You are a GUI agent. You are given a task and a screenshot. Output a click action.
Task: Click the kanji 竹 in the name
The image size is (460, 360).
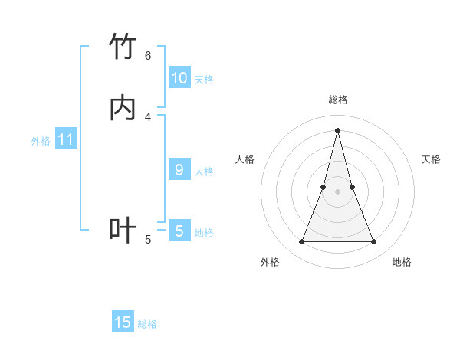pos(123,47)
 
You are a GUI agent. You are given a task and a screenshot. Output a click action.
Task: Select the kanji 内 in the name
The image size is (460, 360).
pos(123,108)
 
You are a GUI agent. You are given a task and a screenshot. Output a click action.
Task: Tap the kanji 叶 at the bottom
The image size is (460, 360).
pos(123,230)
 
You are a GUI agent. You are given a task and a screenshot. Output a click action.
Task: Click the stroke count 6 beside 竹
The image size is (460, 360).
pos(148,55)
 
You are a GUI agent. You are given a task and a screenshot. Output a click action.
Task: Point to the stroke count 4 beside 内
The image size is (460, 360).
pos(148,116)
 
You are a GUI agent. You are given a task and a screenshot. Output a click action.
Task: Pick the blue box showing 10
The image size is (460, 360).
pos(179,78)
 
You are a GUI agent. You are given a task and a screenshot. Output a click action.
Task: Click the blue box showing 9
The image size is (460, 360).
pos(179,170)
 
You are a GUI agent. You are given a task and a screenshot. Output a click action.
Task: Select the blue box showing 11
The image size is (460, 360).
pos(66,139)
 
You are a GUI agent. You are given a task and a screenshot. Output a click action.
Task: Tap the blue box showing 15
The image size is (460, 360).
pos(123,322)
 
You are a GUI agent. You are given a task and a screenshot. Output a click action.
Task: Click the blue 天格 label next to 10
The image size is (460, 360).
pos(204,80)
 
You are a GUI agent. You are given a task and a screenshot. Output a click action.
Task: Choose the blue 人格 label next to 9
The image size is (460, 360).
pos(204,172)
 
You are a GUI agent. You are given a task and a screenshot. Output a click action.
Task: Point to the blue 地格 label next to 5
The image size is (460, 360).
pos(204,233)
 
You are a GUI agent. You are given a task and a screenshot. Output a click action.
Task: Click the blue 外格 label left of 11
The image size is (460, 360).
pos(41,141)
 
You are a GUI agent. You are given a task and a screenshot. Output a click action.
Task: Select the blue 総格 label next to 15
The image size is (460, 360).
pos(147,324)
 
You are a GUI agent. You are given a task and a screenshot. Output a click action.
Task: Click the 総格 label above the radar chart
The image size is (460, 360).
pos(337,100)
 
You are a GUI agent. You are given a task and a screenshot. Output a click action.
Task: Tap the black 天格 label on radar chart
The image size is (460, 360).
pos(431,159)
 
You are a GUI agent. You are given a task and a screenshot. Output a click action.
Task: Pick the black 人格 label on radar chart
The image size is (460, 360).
pos(245,159)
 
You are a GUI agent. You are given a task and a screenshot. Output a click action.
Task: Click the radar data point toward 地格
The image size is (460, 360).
pos(374,242)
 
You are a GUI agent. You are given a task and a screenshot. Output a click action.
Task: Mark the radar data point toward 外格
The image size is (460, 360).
pos(301,242)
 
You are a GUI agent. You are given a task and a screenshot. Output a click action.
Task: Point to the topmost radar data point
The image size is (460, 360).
pos(337,129)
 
